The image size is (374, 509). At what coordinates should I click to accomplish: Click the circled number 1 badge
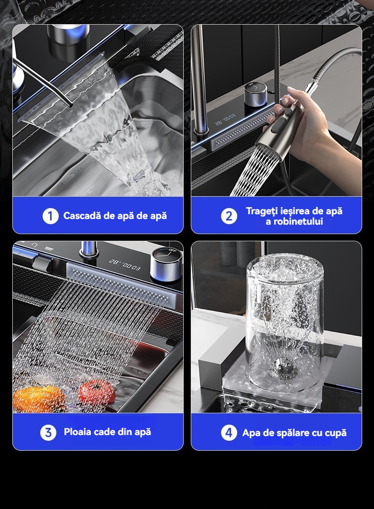tap(51, 216)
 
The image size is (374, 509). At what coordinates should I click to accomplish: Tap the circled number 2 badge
tap(229, 216)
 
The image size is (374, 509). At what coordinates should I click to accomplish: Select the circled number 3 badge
tap(48, 432)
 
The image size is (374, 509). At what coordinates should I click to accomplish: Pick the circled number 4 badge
tap(229, 432)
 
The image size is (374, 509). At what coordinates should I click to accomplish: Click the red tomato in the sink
tap(97, 391)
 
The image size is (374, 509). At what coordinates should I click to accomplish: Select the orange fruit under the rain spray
tap(38, 399)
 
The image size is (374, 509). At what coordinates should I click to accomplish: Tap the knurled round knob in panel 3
tap(166, 264)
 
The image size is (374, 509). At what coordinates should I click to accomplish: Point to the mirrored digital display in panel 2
tap(225, 120)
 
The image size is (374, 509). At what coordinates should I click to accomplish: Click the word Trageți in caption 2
tap(262, 211)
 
